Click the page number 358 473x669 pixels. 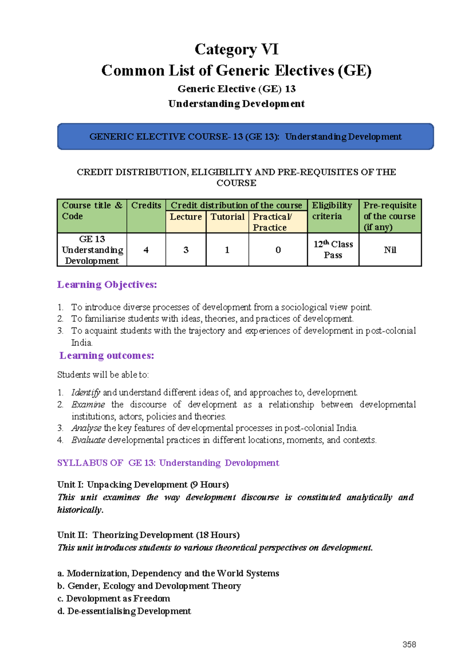[409, 645]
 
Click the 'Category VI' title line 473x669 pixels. [236, 50]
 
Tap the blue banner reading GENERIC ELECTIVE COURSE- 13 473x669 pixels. [245, 137]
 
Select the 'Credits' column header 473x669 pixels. [146, 206]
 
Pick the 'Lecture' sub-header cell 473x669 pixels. [186, 217]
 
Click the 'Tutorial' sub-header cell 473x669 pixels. [227, 217]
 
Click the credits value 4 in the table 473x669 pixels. [146, 250]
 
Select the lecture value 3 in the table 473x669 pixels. [186, 250]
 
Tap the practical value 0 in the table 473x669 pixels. [278, 250]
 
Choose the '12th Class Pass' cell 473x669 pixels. [333, 250]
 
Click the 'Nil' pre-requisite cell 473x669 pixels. [390, 250]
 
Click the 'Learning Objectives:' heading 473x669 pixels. [107, 285]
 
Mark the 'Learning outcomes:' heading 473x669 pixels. [106, 356]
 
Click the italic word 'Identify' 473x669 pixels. [86, 393]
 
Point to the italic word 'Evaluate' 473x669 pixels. [88, 440]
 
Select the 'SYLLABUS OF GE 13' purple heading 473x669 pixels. [168, 463]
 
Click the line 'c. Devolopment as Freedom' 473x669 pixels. [114, 599]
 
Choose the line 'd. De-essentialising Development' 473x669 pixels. [124, 611]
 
